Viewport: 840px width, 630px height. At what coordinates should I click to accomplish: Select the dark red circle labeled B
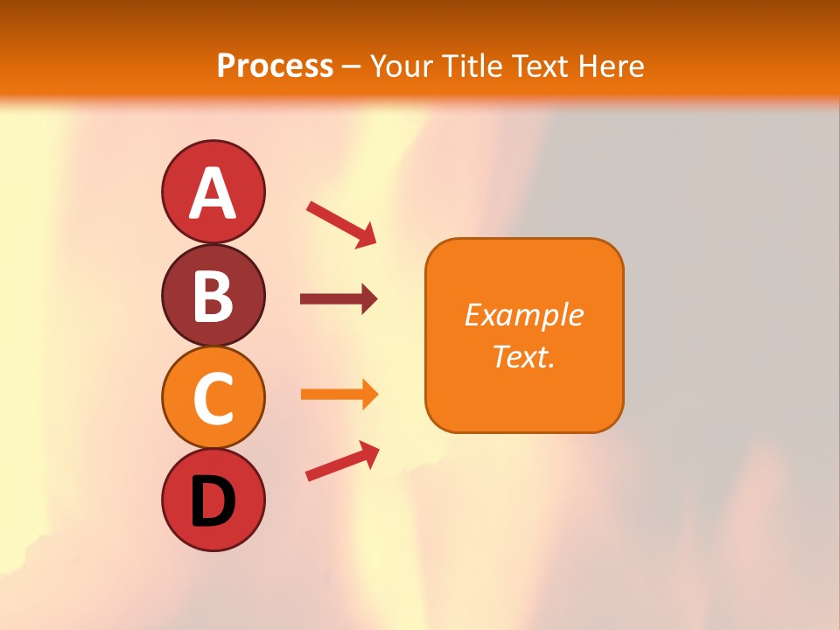213,295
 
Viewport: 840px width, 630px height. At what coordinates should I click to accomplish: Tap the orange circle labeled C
213,397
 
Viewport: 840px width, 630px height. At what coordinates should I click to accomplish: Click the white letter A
213,193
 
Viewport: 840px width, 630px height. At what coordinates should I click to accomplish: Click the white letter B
213,297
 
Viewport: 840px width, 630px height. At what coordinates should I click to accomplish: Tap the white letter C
213,399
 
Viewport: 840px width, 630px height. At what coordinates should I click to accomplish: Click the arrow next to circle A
341,224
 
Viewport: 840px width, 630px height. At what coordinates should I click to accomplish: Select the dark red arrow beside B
339,299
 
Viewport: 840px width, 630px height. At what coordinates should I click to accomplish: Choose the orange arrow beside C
339,394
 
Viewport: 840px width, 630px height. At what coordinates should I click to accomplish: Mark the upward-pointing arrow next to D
342,461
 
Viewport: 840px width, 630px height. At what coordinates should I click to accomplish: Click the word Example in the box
523,315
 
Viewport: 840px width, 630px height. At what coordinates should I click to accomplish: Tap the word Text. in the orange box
523,356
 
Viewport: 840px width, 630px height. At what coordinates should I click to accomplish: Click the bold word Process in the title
275,66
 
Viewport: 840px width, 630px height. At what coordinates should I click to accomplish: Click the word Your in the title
402,66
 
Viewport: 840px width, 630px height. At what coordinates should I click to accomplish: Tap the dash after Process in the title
352,66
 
